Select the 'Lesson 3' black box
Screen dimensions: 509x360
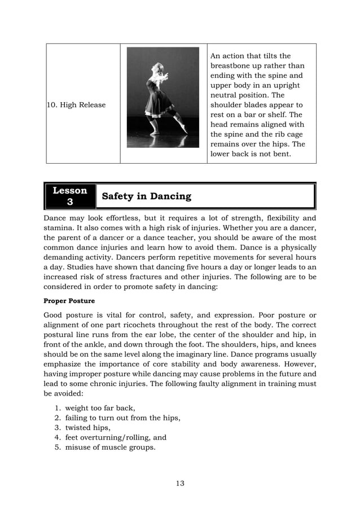point(70,196)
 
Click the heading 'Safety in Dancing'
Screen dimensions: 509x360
point(146,196)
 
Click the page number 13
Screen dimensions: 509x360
point(180,483)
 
